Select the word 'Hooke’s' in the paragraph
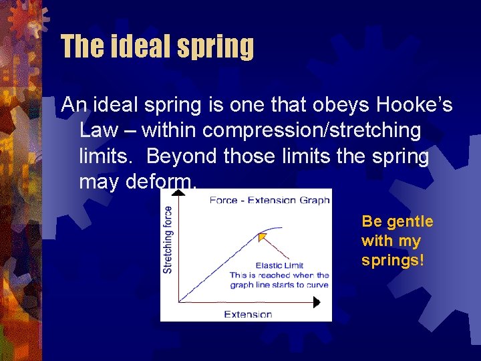pos(415,105)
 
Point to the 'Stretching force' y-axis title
pos(168,239)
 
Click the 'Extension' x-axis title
pos(248,314)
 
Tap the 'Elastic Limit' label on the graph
pos(280,265)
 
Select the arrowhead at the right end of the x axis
pos(316,302)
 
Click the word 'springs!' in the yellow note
pos(393,260)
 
